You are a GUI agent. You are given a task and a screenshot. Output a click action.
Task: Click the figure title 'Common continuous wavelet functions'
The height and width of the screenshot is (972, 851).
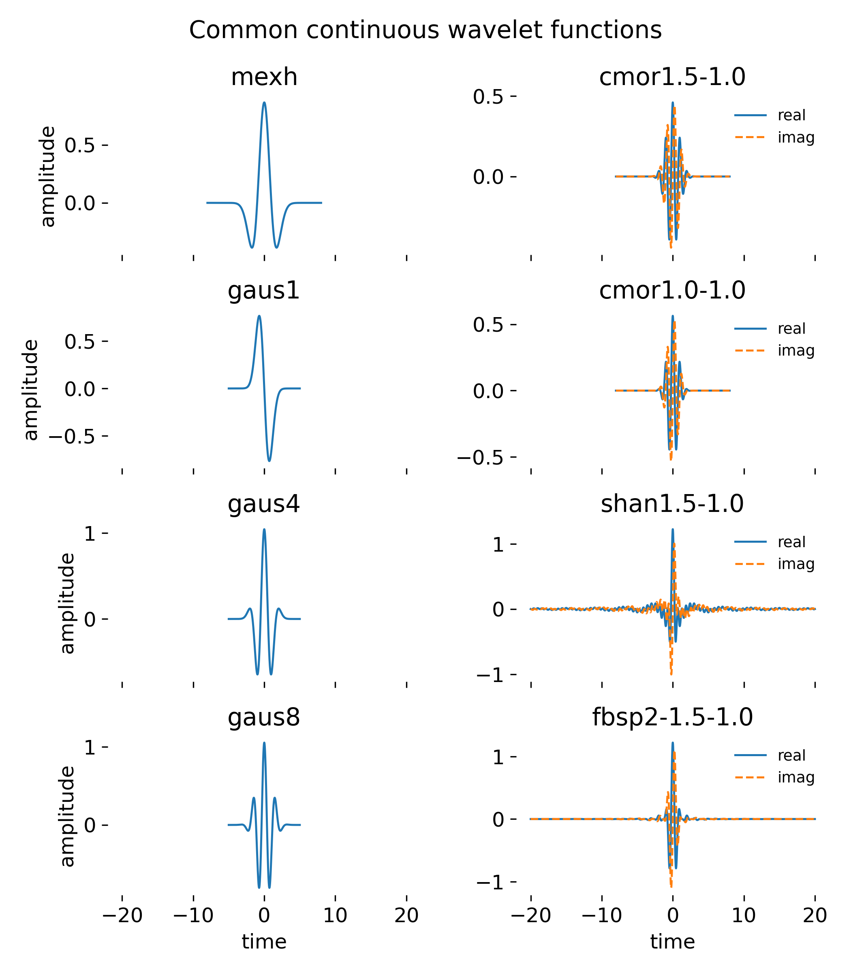click(425, 30)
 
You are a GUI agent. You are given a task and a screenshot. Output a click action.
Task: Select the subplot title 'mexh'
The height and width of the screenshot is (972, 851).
click(264, 77)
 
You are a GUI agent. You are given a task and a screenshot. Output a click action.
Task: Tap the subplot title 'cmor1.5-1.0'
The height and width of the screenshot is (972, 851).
click(672, 77)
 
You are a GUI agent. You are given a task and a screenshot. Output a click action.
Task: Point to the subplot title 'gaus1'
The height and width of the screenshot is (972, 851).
click(264, 291)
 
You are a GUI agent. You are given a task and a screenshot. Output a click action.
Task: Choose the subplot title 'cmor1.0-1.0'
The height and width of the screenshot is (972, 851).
click(672, 291)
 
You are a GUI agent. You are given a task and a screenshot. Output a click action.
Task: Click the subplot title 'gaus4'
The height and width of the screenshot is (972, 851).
click(264, 504)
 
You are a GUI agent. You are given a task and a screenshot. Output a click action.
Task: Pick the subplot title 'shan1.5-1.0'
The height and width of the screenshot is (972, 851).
click(672, 504)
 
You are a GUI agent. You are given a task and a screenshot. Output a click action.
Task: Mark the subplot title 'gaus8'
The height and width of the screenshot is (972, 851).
click(264, 718)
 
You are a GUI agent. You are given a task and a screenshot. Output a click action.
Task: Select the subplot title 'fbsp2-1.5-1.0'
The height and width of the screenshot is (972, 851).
click(672, 718)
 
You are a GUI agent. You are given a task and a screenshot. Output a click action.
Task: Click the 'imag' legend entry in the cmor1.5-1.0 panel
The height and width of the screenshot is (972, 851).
click(796, 138)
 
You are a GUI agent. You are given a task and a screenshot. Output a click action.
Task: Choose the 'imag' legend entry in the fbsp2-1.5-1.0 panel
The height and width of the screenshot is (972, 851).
click(796, 778)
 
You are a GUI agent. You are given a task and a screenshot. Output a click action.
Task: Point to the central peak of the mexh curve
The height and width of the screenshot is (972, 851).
click(264, 102)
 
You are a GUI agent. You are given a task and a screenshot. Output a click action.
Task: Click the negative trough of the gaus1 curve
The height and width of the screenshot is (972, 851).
click(269, 460)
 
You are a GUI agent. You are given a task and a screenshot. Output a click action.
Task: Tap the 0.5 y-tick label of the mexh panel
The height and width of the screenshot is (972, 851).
click(80, 145)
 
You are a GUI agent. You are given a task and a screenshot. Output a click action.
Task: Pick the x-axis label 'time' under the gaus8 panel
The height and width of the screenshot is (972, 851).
click(264, 942)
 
